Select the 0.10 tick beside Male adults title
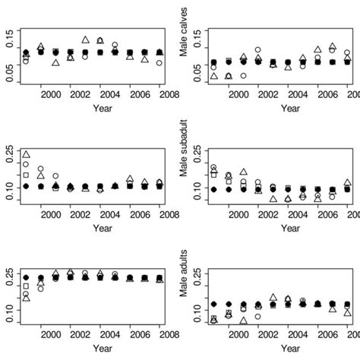pyautogui.click(x=197, y=310)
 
